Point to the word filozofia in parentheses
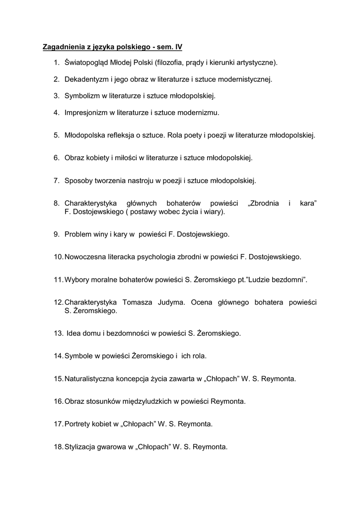coord(169,63)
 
